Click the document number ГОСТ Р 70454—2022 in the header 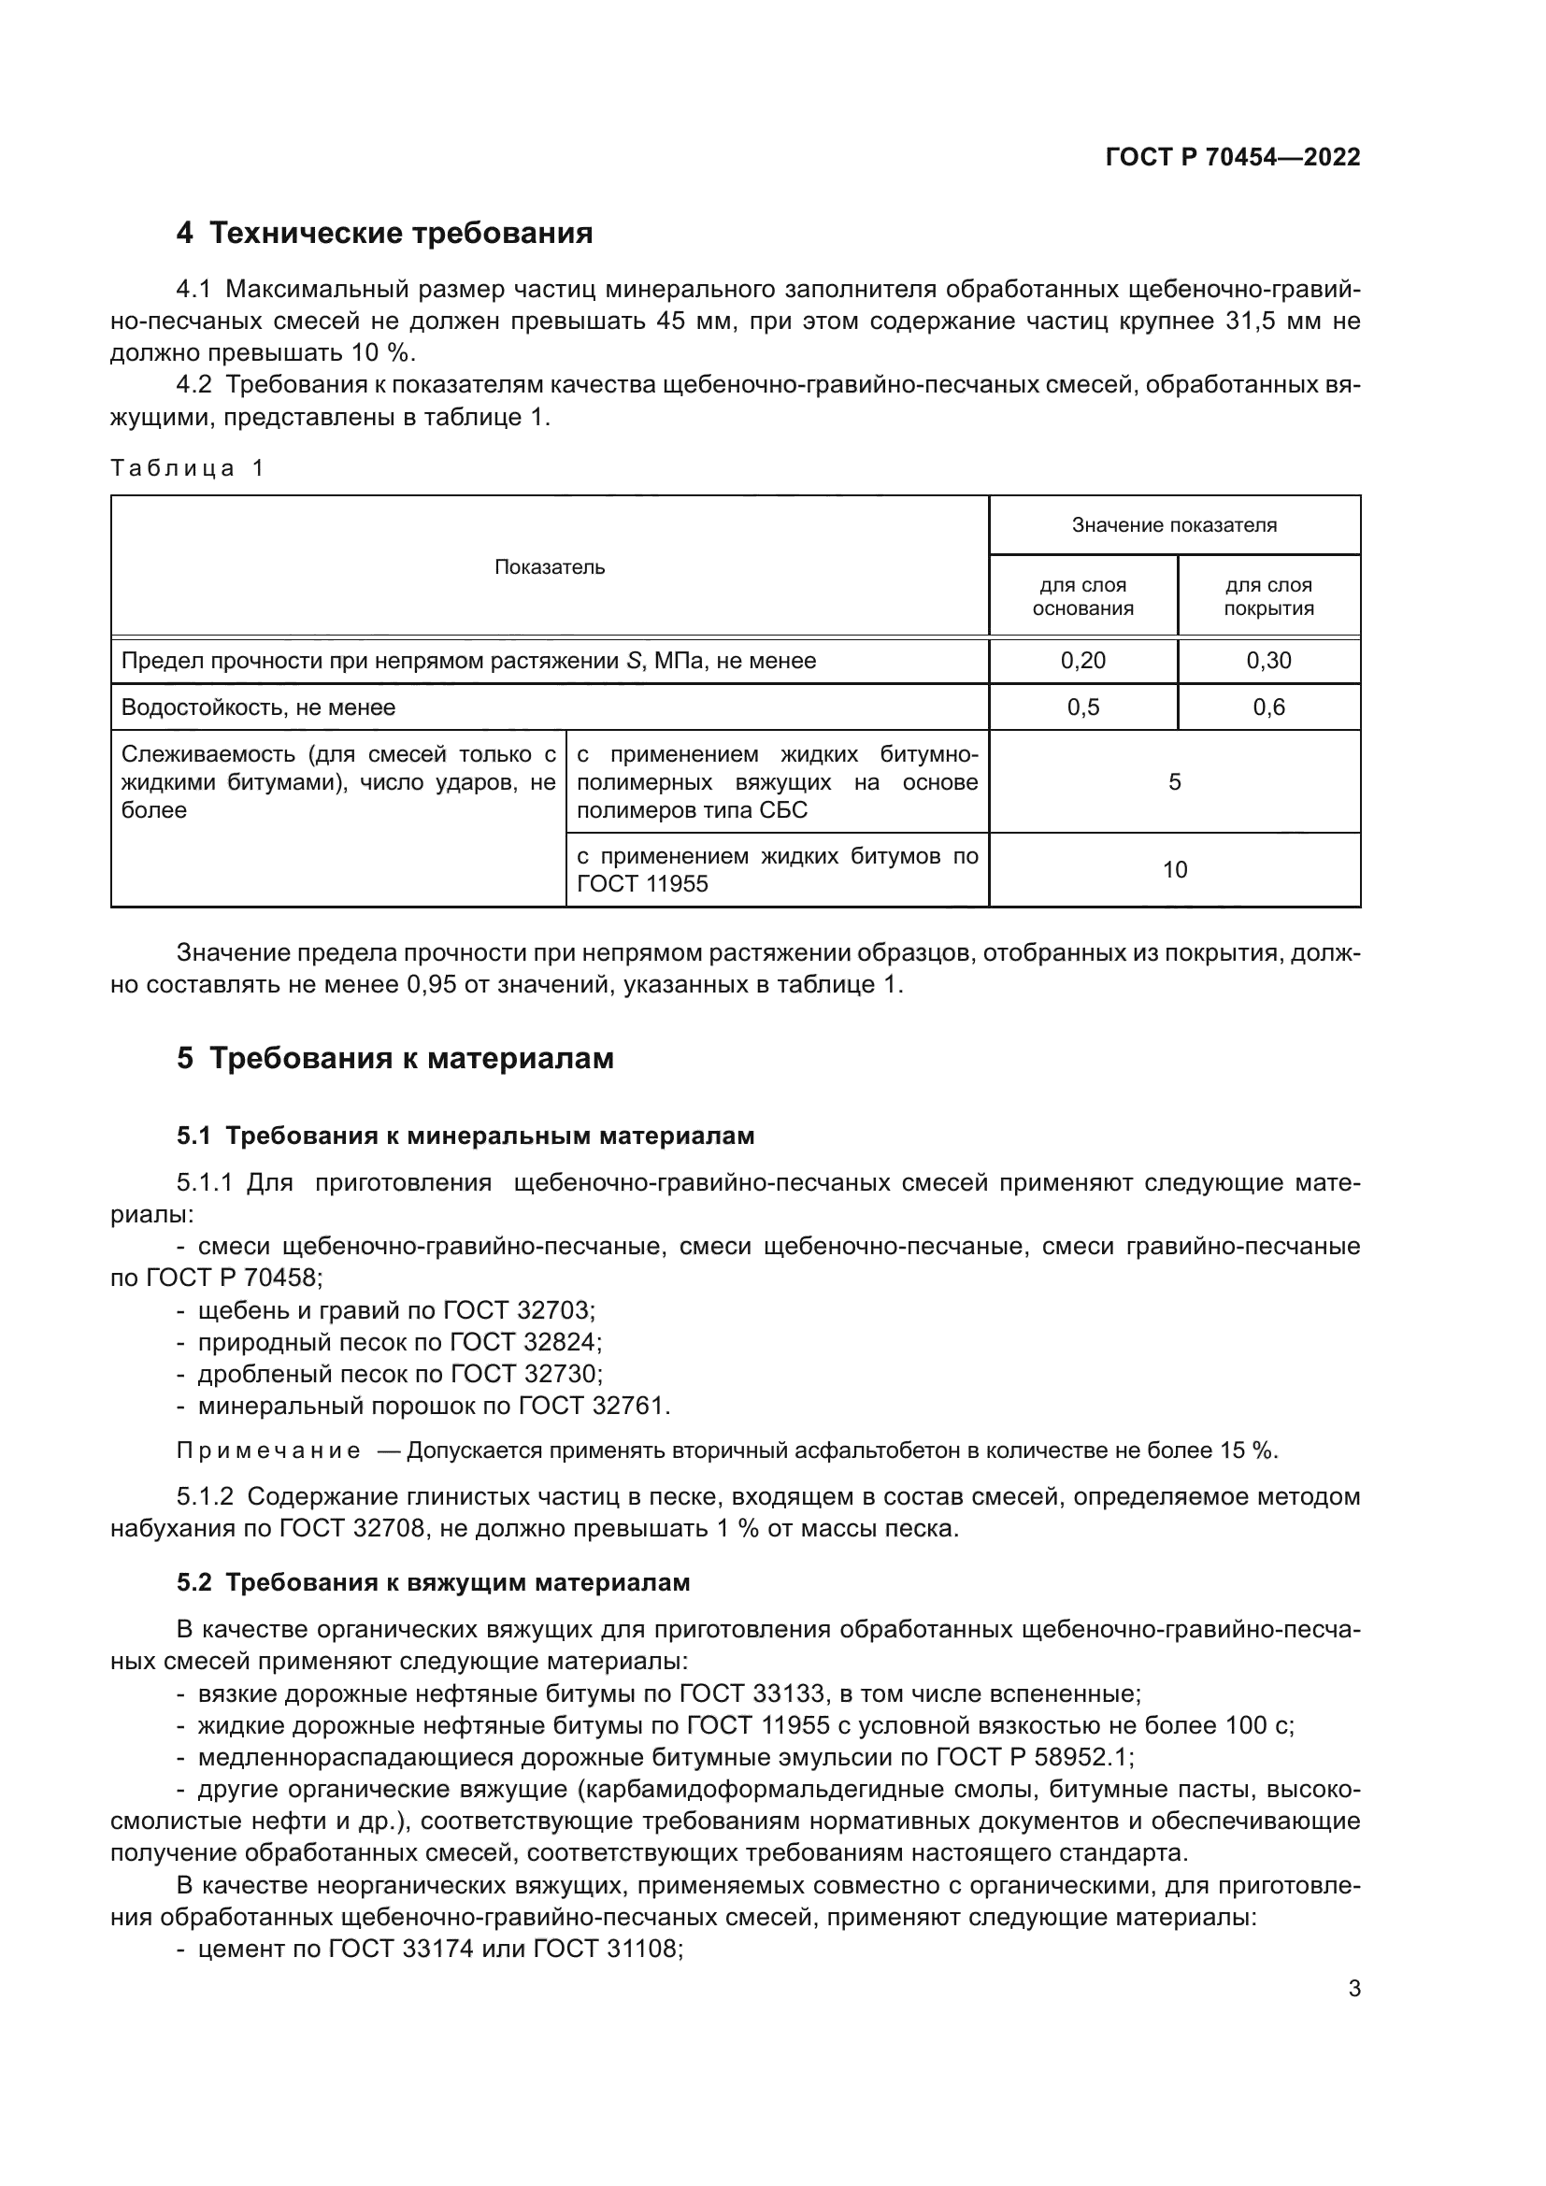[x=1232, y=158]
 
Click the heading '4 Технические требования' [x=383, y=234]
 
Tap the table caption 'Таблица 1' [x=188, y=468]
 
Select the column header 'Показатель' [x=550, y=567]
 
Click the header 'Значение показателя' [x=1174, y=525]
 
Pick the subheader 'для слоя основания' [x=1082, y=597]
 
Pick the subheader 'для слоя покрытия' [x=1268, y=597]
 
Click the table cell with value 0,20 [x=1082, y=661]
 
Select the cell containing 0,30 [x=1268, y=661]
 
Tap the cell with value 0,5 [x=1082, y=707]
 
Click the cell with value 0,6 [x=1268, y=707]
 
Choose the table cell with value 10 [x=1174, y=870]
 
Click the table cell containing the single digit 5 [x=1174, y=782]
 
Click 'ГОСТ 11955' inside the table [x=642, y=884]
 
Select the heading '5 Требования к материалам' [x=395, y=1059]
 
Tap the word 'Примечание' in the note [x=268, y=1451]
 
